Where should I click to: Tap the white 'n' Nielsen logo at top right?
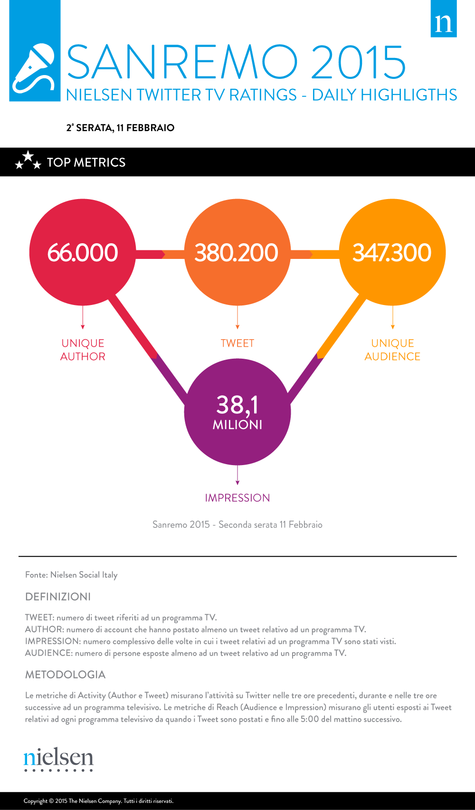(x=444, y=22)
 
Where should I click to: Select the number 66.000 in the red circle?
(x=83, y=253)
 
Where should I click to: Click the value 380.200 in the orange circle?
(x=237, y=253)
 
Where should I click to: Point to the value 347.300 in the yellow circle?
(x=392, y=253)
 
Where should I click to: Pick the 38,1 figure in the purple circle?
(x=237, y=405)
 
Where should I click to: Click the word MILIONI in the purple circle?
(x=237, y=425)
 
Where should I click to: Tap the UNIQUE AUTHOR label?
(x=83, y=350)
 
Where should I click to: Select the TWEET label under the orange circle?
(x=237, y=343)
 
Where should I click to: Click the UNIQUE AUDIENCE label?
(x=392, y=350)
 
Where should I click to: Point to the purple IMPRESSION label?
(x=237, y=498)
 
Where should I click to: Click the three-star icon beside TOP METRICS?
(x=28, y=161)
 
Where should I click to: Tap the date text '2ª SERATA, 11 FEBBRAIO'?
(x=120, y=128)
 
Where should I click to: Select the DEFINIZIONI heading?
(x=58, y=597)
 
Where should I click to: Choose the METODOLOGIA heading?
(x=66, y=675)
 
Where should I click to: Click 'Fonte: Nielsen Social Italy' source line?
(x=71, y=575)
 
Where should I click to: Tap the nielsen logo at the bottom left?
(x=58, y=758)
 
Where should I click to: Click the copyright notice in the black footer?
(x=99, y=801)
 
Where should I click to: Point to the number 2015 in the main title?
(x=359, y=63)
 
